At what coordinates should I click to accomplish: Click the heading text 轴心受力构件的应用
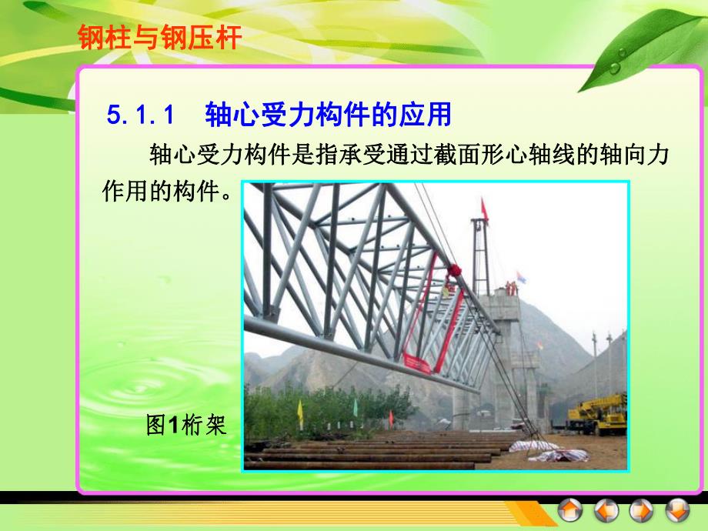tap(327, 116)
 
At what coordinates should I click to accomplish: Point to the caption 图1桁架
tap(186, 425)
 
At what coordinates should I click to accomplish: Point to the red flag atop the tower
tap(484, 208)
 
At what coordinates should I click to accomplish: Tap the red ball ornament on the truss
tap(454, 271)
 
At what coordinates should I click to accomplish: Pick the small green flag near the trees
tap(355, 406)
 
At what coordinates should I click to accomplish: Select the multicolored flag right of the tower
tap(521, 275)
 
